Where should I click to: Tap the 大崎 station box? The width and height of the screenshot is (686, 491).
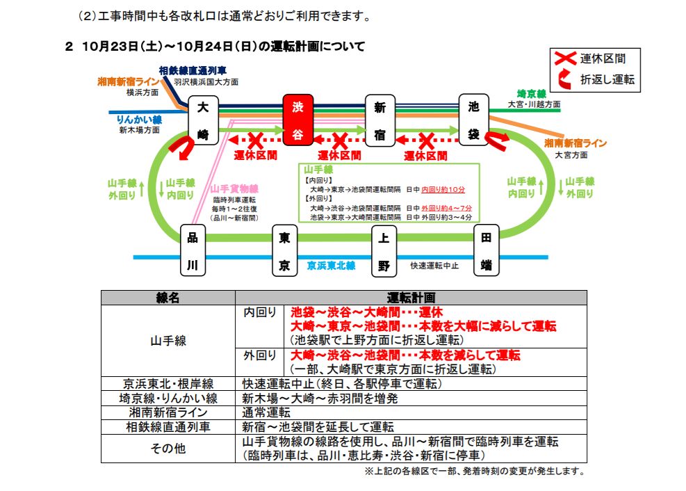[x=203, y=121]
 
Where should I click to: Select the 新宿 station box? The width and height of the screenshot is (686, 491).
[x=379, y=121]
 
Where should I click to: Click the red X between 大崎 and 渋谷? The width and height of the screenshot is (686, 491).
[x=256, y=140]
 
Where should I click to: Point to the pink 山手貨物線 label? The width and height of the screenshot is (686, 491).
[x=234, y=188]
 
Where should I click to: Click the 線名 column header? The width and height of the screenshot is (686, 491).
[x=168, y=298]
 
